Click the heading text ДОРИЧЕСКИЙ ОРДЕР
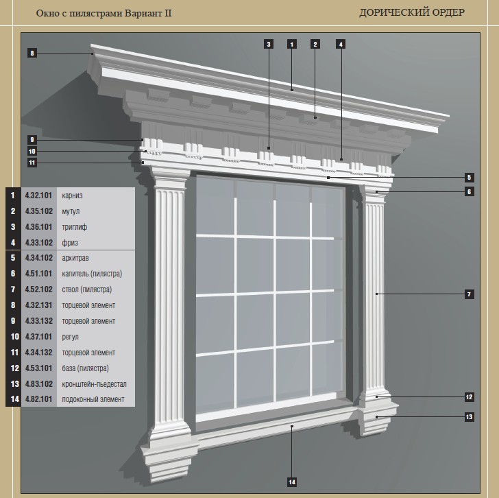pos(412,13)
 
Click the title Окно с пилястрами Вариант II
pos(104,13)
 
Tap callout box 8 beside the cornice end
pos(32,54)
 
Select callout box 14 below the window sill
pos(292,482)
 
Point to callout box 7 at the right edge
pos(469,294)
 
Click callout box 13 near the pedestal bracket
pos(469,417)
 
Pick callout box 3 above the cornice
pos(269,44)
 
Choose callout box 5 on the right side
pos(469,178)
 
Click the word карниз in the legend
pos(72,195)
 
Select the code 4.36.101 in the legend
pos(38,227)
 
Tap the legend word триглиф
pos(75,227)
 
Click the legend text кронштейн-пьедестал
pos(94,384)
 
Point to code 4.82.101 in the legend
pos(38,399)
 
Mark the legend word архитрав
pos(75,258)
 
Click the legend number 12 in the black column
pos(15,368)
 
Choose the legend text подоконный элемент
pos(93,400)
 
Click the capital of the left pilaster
pos(171,180)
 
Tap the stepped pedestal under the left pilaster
pos(169,459)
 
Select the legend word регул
pos(70,337)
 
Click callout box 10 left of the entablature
pos(32,151)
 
